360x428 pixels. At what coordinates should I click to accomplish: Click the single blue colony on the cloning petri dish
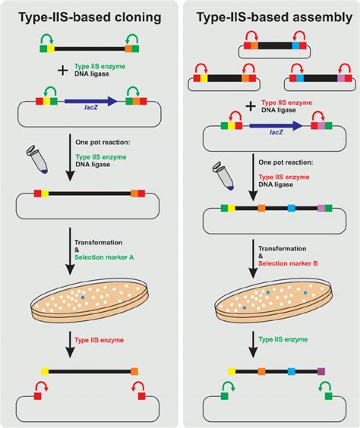tap(83, 297)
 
